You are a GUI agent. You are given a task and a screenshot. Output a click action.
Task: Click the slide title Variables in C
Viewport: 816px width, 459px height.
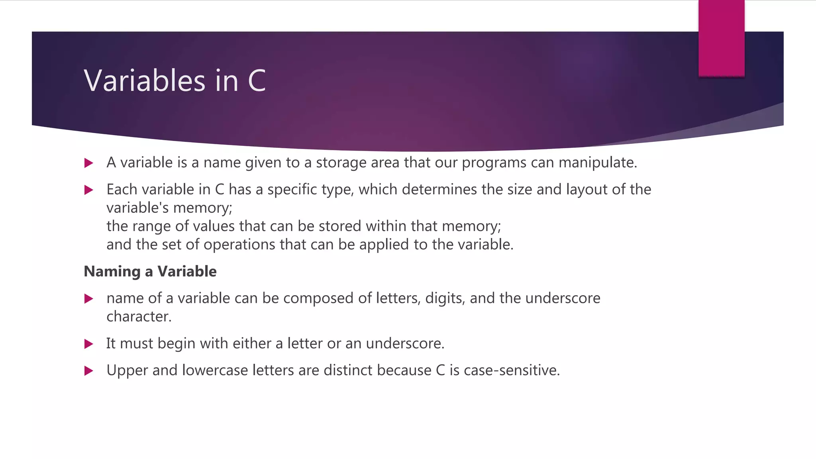[175, 80]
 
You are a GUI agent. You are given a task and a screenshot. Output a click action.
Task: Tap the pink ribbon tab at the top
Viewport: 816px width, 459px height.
[721, 38]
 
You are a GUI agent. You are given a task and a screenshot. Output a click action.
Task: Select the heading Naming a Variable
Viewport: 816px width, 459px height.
[150, 271]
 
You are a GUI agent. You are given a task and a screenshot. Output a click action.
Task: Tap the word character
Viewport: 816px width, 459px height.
[139, 317]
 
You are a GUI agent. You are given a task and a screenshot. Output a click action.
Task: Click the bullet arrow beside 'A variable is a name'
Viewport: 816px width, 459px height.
[89, 163]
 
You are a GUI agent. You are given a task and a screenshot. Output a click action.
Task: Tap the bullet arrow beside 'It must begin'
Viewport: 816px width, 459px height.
[89, 344]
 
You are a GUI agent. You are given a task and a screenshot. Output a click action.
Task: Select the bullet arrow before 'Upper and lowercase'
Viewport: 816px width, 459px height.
[89, 371]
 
